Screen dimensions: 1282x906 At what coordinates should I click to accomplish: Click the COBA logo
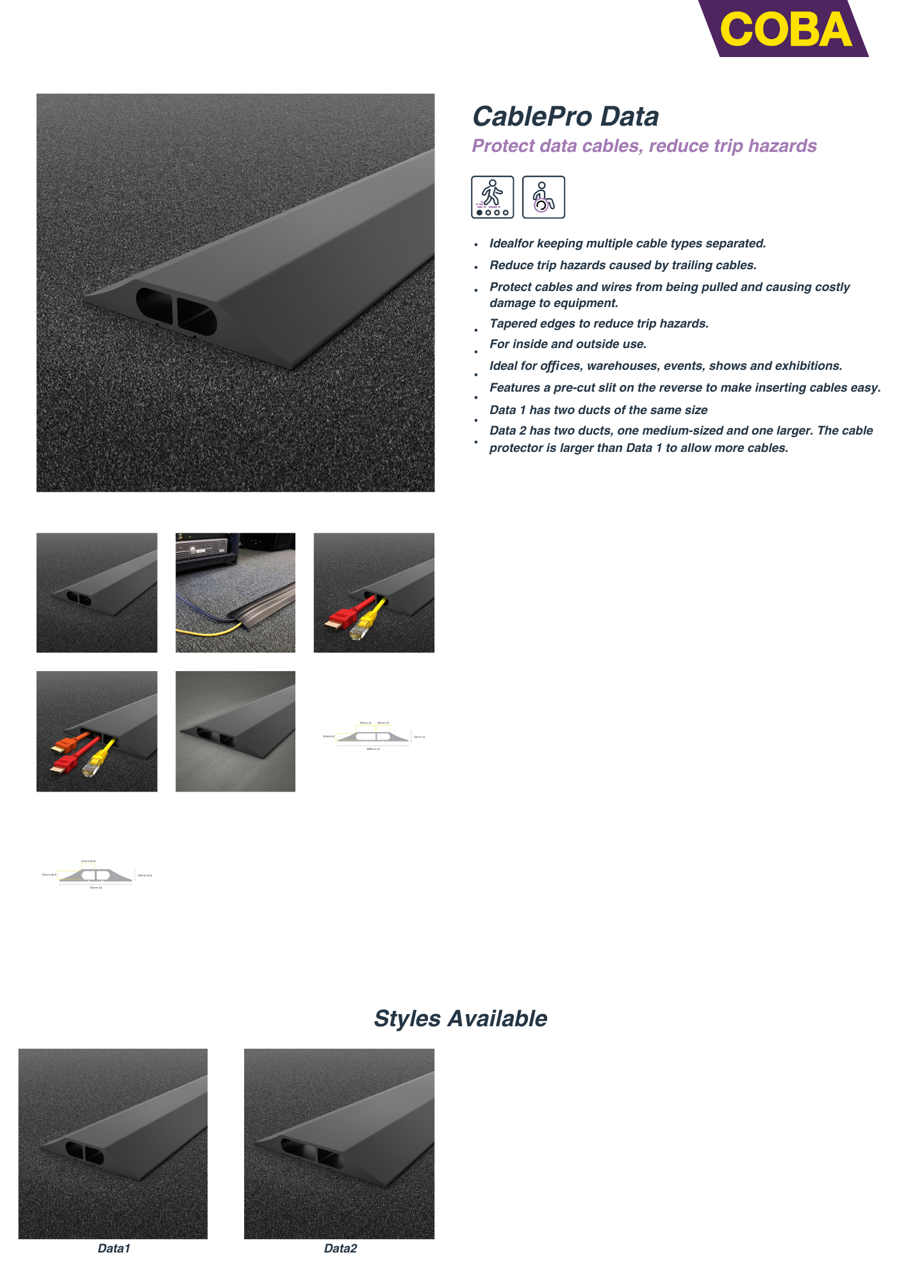tap(786, 29)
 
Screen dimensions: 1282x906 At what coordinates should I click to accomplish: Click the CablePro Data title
tap(565, 117)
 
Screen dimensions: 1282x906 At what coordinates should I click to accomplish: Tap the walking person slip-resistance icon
tap(492, 197)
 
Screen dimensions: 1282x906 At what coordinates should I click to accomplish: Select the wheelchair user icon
tap(543, 197)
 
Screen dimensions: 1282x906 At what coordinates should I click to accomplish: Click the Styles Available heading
tap(460, 1019)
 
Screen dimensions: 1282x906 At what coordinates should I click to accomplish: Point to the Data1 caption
tap(114, 1248)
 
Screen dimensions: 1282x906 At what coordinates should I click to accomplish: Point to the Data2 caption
tap(340, 1248)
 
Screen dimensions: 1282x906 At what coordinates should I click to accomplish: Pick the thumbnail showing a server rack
tap(235, 592)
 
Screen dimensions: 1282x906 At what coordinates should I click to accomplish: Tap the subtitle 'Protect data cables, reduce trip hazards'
tap(644, 146)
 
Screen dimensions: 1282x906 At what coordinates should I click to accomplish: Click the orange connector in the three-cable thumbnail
tap(65, 745)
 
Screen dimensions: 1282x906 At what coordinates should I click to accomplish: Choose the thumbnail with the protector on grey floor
tap(235, 731)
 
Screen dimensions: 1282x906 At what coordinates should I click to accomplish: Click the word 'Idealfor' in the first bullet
tap(511, 244)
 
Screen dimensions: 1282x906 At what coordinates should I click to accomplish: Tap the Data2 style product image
tap(339, 1143)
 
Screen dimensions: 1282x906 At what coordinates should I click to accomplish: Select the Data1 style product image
tap(113, 1143)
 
